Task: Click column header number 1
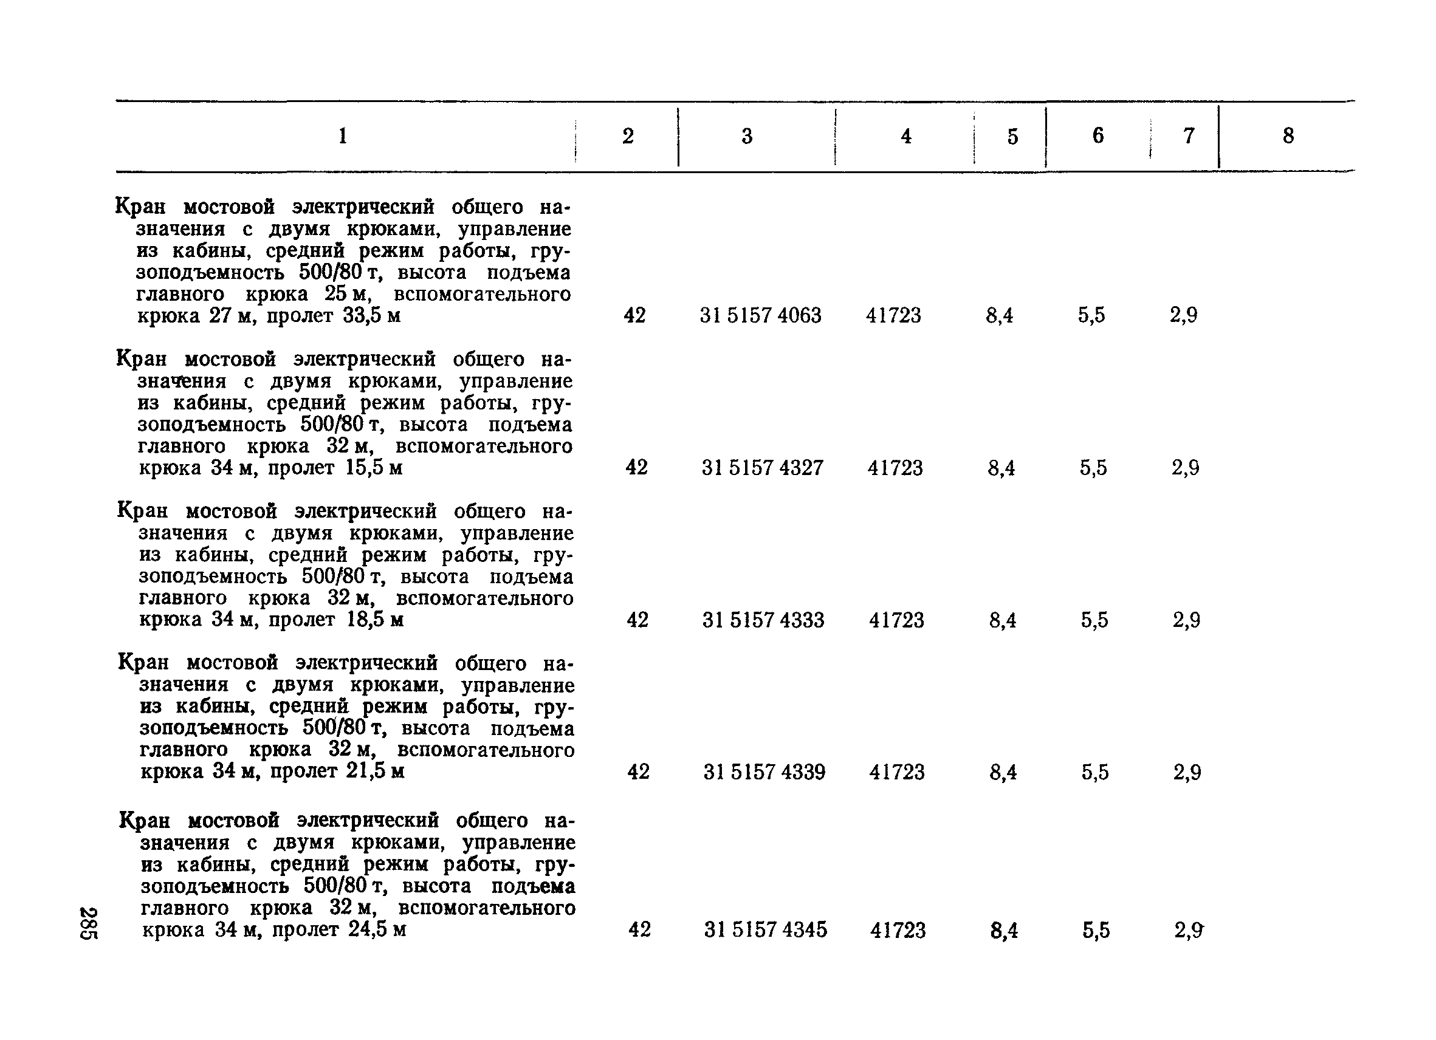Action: pyautogui.click(x=343, y=136)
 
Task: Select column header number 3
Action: pyautogui.click(x=747, y=136)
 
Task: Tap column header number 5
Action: pyautogui.click(x=1012, y=137)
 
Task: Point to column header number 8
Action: pyautogui.click(x=1288, y=136)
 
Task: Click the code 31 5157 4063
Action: pyautogui.click(x=760, y=315)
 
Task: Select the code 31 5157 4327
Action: pyautogui.click(x=762, y=468)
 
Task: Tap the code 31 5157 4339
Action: pyautogui.click(x=764, y=771)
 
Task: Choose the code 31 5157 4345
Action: pyautogui.click(x=766, y=929)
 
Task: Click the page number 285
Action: pyautogui.click(x=88, y=923)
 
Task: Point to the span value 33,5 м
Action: pyautogui.click(x=372, y=315)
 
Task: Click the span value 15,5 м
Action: pyautogui.click(x=374, y=468)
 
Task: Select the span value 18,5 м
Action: pyautogui.click(x=375, y=619)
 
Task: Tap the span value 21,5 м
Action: pyautogui.click(x=375, y=771)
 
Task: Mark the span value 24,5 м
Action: pyautogui.click(x=377, y=929)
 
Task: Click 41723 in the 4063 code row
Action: pyautogui.click(x=893, y=315)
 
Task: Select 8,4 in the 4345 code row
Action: pyautogui.click(x=1004, y=930)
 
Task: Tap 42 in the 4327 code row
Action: pyautogui.click(x=636, y=468)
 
